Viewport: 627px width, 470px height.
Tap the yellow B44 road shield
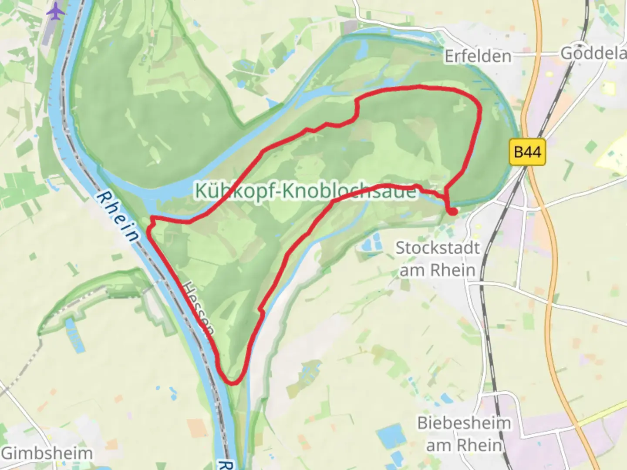click(x=527, y=152)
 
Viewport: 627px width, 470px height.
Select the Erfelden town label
click(x=478, y=56)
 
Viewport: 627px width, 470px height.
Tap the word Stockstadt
click(x=437, y=248)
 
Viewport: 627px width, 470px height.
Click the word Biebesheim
click(x=464, y=423)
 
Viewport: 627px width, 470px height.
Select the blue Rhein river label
click(x=118, y=216)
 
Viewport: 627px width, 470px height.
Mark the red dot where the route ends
click(x=453, y=212)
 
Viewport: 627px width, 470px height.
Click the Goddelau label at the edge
click(x=593, y=54)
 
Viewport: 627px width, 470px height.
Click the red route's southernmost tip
click(x=233, y=383)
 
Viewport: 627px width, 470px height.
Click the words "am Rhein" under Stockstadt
click(x=437, y=270)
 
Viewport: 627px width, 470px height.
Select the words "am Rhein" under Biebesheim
click(x=464, y=445)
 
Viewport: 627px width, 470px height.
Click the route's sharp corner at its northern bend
click(x=357, y=103)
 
